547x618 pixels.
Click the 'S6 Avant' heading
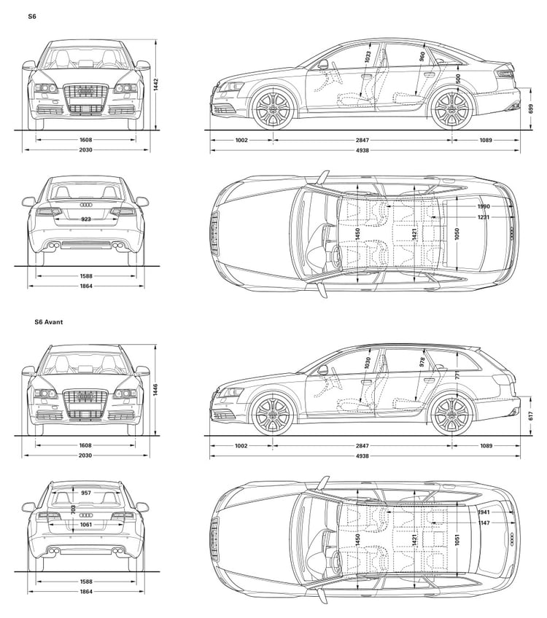pyautogui.click(x=49, y=321)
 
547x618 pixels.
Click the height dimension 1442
pyautogui.click(x=156, y=85)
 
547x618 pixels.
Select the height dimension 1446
pyautogui.click(x=156, y=390)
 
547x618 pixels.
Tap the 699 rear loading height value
pyautogui.click(x=531, y=109)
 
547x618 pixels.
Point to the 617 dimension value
pyautogui.click(x=531, y=415)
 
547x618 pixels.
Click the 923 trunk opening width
pyautogui.click(x=86, y=219)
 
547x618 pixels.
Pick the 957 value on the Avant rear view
pyautogui.click(x=86, y=493)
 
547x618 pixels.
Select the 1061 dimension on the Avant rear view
pyautogui.click(x=86, y=524)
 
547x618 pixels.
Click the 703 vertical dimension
pyautogui.click(x=74, y=509)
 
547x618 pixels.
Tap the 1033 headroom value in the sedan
pyautogui.click(x=368, y=57)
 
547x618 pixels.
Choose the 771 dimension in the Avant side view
pyautogui.click(x=457, y=374)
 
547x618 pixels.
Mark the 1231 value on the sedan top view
pyautogui.click(x=484, y=217)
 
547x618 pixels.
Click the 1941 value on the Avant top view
pyautogui.click(x=484, y=512)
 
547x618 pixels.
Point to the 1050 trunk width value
pyautogui.click(x=457, y=234)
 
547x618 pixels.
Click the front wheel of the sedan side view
pyautogui.click(x=273, y=108)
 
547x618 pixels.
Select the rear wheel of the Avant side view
pyautogui.click(x=452, y=414)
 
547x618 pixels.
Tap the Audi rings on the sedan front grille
pyautogui.click(x=85, y=91)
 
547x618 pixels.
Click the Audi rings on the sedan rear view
pyautogui.click(x=86, y=205)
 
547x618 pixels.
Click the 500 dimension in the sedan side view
pyautogui.click(x=458, y=79)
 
